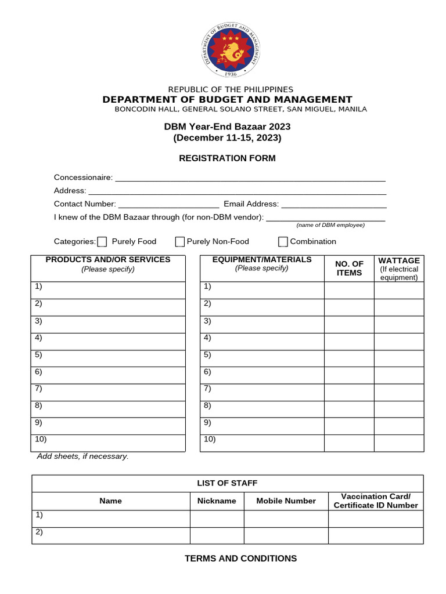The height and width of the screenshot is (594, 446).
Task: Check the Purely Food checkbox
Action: (x=102, y=242)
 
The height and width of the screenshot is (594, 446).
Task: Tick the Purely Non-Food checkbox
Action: (x=180, y=242)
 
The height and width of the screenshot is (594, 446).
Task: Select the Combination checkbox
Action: (x=283, y=242)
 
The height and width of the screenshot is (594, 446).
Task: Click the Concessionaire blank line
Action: (x=250, y=178)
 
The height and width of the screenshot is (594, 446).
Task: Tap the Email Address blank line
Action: (x=334, y=204)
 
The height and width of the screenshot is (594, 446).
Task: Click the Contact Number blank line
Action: (x=168, y=204)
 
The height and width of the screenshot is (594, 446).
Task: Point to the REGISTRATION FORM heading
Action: (x=227, y=158)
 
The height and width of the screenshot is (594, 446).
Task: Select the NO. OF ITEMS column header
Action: (x=349, y=269)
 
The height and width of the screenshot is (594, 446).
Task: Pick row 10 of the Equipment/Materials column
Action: (x=262, y=443)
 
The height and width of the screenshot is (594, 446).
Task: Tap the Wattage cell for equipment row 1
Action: (x=398, y=290)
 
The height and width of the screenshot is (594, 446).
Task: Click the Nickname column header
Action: (x=217, y=501)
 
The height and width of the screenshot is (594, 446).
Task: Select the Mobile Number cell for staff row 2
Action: (x=286, y=535)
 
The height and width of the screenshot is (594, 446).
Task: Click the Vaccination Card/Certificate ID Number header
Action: (x=375, y=501)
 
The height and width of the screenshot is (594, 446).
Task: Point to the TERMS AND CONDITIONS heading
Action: (x=240, y=559)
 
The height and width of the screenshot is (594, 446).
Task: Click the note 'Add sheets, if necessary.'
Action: (x=83, y=457)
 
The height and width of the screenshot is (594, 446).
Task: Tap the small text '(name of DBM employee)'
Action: (x=330, y=225)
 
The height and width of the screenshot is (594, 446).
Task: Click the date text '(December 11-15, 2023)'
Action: (x=227, y=138)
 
